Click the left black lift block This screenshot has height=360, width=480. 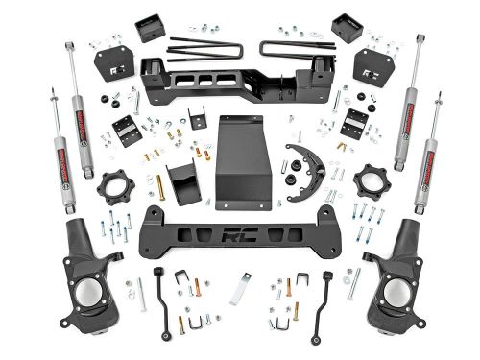[x=150, y=29]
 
